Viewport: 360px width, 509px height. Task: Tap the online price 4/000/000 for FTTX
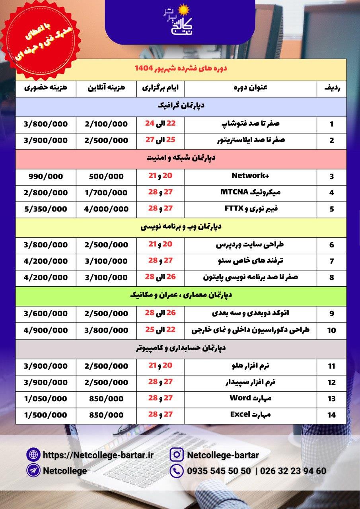click(x=106, y=209)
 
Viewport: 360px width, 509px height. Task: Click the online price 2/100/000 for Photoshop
click(x=106, y=124)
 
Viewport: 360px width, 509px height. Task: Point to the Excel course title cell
click(x=251, y=415)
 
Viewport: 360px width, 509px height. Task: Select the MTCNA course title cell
click(x=251, y=192)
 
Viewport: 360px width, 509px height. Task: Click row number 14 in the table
click(x=332, y=415)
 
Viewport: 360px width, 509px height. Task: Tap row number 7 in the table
click(x=332, y=261)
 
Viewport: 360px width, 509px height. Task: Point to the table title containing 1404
click(x=181, y=68)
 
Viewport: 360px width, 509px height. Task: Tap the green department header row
click(x=181, y=295)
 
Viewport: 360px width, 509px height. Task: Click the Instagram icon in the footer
click(x=176, y=455)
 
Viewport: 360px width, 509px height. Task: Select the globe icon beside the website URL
click(x=33, y=455)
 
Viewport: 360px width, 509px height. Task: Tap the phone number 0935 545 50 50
click(x=219, y=471)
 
